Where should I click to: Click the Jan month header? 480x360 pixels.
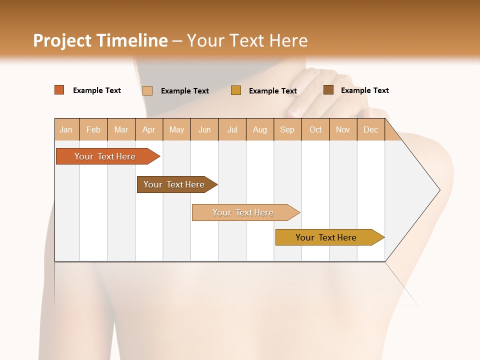(x=66, y=129)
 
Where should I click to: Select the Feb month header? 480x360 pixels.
(x=93, y=129)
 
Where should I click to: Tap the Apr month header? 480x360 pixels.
(x=148, y=129)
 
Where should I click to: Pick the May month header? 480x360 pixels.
(x=176, y=129)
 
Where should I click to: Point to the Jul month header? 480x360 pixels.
(x=232, y=129)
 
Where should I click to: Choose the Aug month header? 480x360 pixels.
(x=259, y=129)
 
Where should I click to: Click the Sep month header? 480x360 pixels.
(x=287, y=129)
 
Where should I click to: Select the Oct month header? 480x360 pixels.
(x=315, y=129)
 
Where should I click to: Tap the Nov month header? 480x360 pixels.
(x=342, y=129)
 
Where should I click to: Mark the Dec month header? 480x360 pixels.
(x=370, y=129)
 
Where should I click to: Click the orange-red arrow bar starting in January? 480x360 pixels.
(x=105, y=156)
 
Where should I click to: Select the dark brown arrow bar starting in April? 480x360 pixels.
(x=174, y=184)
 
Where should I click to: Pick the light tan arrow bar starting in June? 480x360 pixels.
(x=243, y=212)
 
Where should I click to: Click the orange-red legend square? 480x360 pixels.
(x=59, y=90)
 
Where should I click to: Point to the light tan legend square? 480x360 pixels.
(x=147, y=90)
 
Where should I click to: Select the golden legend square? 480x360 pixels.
(x=236, y=90)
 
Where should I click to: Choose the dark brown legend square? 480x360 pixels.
(x=328, y=90)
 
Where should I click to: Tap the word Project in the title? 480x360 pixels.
(x=62, y=40)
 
